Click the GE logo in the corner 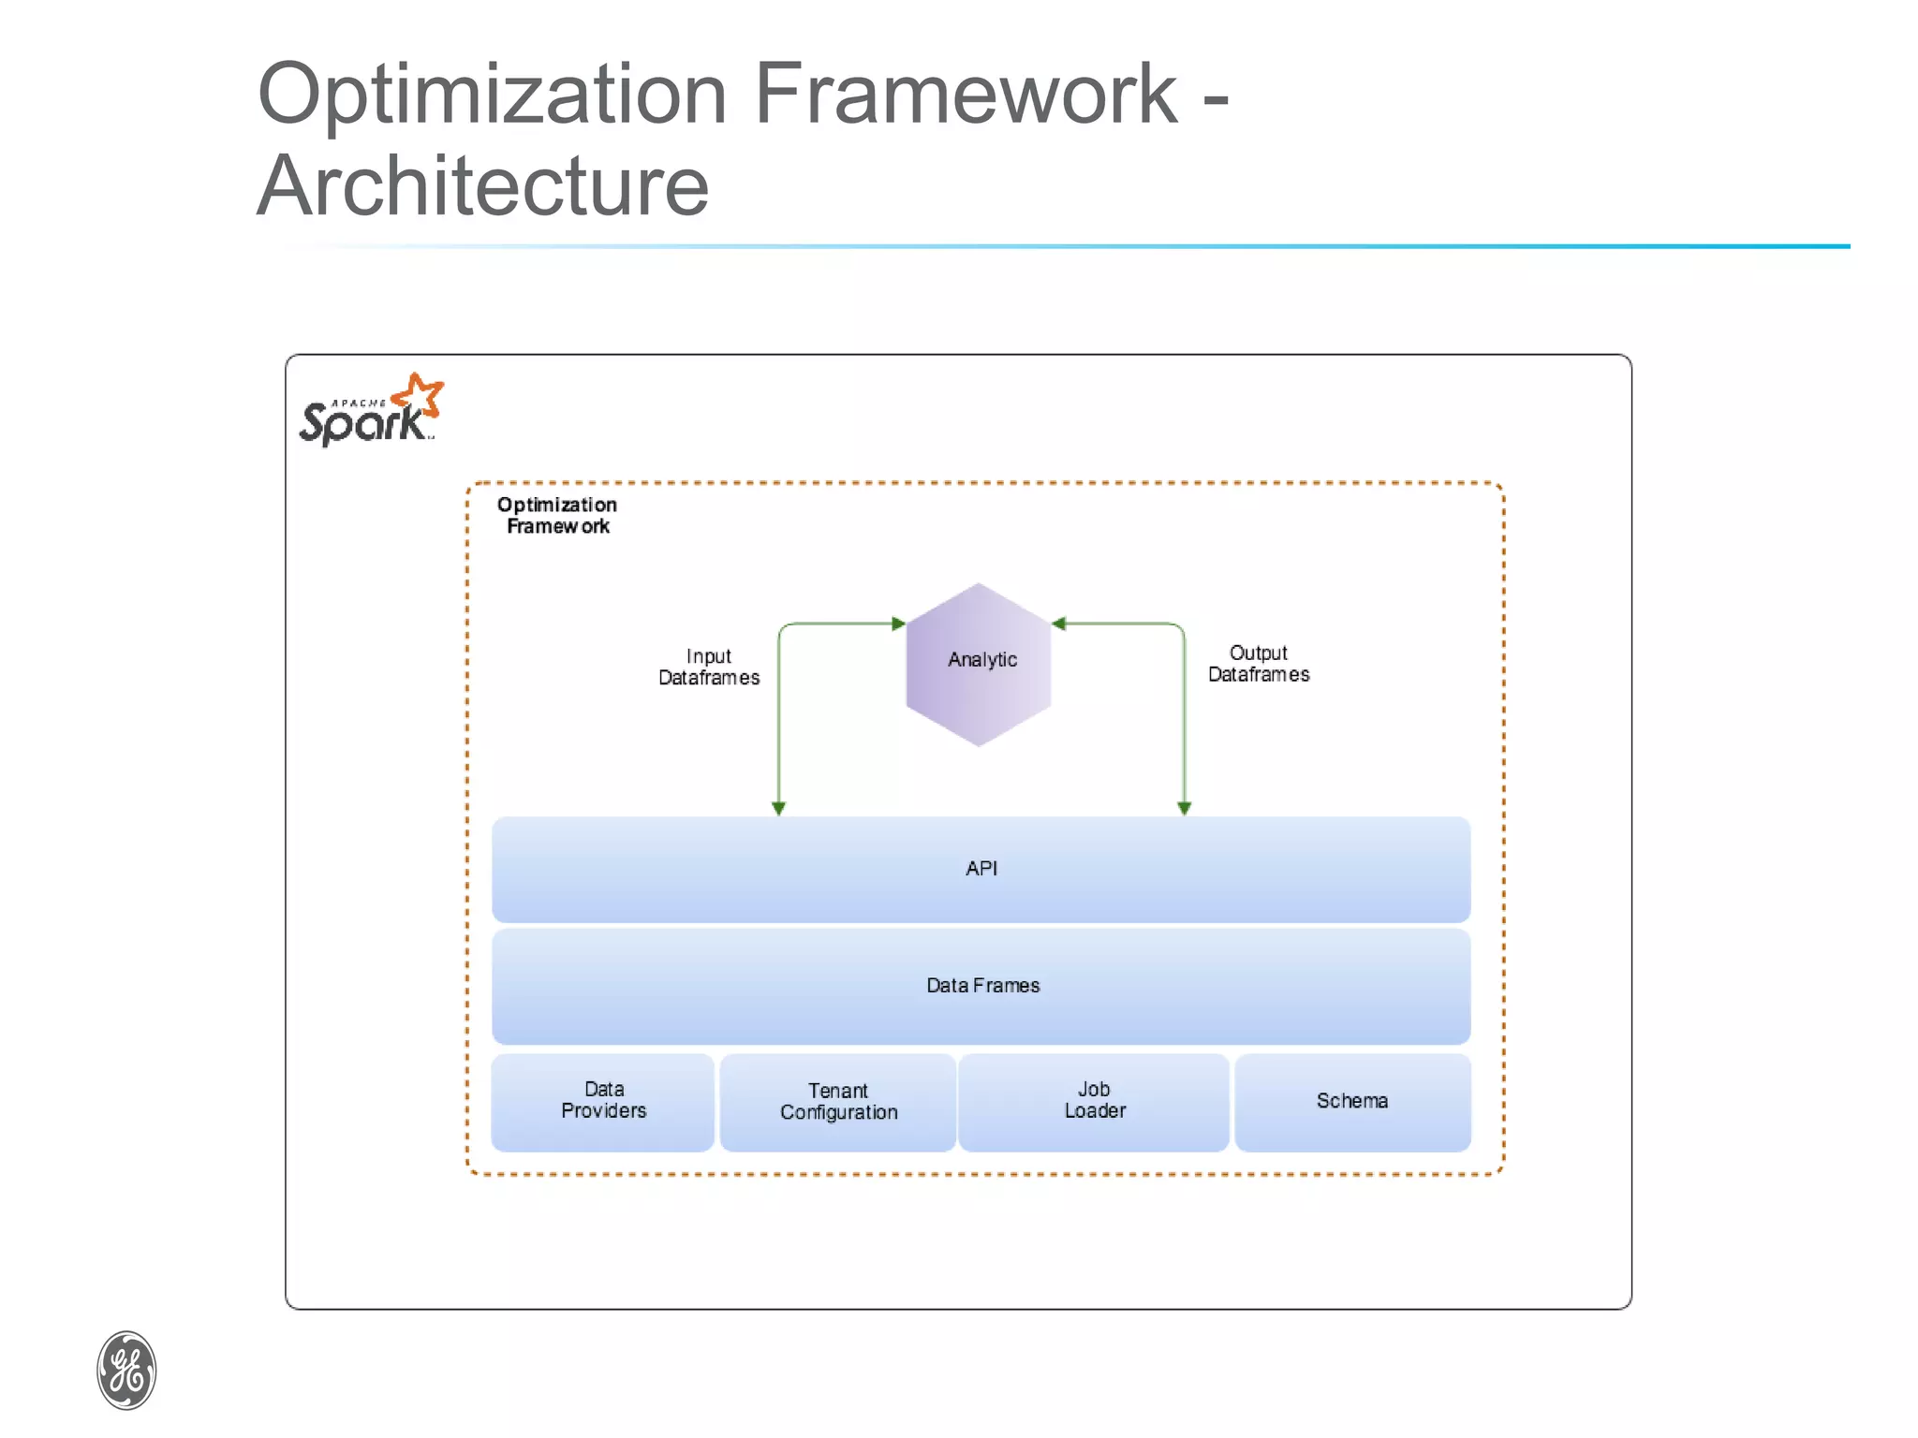pos(126,1370)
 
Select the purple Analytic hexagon pos(979,665)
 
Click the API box pos(981,869)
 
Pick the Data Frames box pos(981,986)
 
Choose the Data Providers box pos(603,1101)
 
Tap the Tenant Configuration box pos(838,1102)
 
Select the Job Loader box pos(1094,1101)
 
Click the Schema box pos(1352,1101)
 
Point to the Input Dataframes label pos(709,667)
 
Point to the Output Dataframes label pos(1258,664)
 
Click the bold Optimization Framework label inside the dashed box pos(557,515)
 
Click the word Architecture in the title pos(482,185)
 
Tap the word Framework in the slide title pos(965,94)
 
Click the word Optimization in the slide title pos(492,94)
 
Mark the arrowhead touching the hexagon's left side pos(898,624)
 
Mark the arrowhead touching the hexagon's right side pos(1059,624)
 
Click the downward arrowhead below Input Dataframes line pos(778,808)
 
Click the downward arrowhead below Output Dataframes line pos(1184,808)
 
